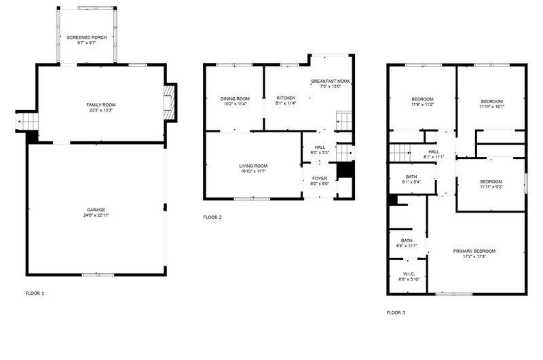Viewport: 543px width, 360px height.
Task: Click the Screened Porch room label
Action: (x=87, y=37)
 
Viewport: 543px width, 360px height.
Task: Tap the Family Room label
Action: (x=101, y=105)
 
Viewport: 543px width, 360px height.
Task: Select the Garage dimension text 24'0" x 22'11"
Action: (x=96, y=215)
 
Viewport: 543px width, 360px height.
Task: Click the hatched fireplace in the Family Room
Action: (x=168, y=103)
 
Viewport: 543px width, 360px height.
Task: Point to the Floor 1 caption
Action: (x=35, y=293)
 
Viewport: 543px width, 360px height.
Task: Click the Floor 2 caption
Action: (x=212, y=217)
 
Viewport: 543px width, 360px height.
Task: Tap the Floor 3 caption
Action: (x=396, y=312)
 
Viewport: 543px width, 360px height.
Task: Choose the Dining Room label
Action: (x=235, y=98)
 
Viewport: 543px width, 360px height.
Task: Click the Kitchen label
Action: (x=286, y=98)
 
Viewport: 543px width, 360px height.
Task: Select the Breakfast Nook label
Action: (x=331, y=81)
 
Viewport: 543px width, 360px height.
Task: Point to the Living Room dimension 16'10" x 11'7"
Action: (x=253, y=171)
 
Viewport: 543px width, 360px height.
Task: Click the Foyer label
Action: (x=319, y=179)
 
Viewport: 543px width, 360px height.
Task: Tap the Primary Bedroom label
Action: (x=474, y=251)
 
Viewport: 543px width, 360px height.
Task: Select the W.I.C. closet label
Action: (x=409, y=274)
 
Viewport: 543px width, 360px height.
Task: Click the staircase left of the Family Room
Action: (x=27, y=122)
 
